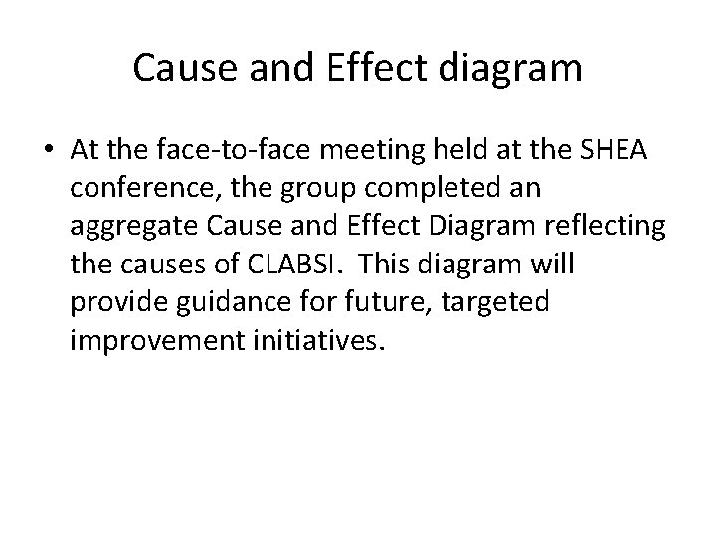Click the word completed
[411, 188]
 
